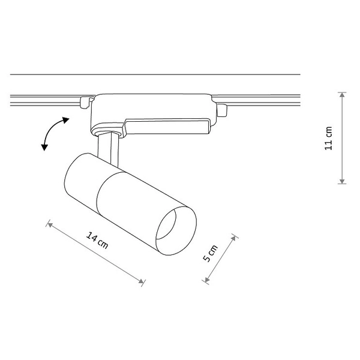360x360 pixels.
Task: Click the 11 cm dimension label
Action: pyautogui.click(x=328, y=139)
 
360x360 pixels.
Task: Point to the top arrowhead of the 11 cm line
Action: pyautogui.click(x=341, y=95)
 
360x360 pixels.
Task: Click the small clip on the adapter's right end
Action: pyautogui.click(x=223, y=110)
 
